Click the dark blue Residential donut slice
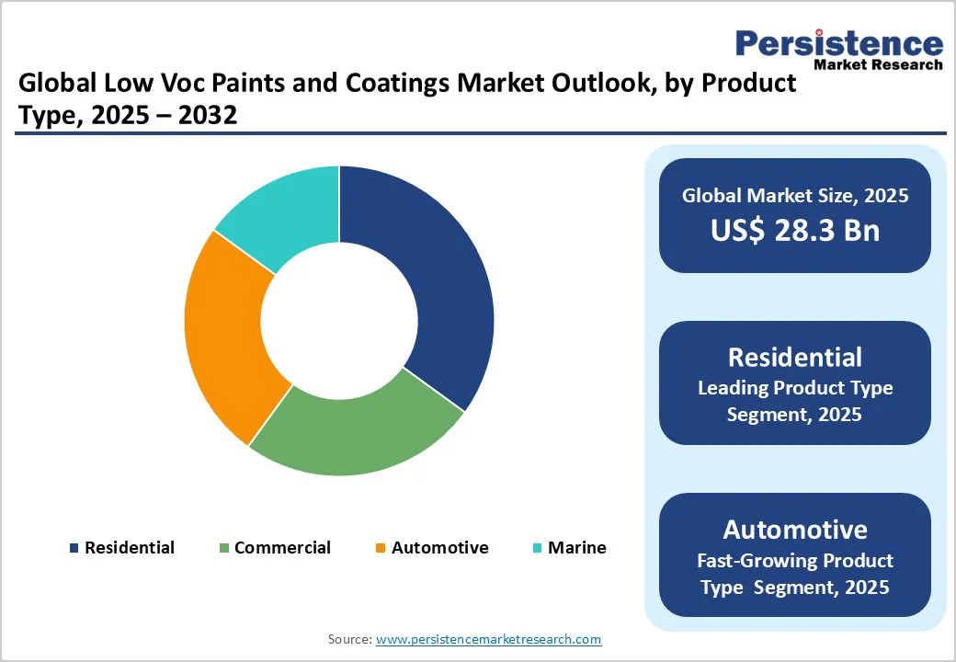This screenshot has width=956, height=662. [x=432, y=276]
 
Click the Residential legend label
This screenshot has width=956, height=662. [x=129, y=548]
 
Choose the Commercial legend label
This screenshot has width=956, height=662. [x=282, y=548]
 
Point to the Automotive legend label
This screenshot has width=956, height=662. [x=439, y=548]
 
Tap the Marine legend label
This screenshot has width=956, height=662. [x=577, y=548]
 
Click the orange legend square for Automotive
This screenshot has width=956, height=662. [x=379, y=549]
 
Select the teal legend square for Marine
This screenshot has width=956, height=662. [x=536, y=549]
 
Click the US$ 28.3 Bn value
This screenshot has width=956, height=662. [x=795, y=230]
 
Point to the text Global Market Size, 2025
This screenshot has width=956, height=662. [x=795, y=195]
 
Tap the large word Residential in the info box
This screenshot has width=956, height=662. [x=795, y=357]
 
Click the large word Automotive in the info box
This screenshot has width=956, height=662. [x=795, y=530]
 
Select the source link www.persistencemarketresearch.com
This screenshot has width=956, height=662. [x=489, y=639]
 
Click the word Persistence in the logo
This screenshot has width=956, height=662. [x=839, y=43]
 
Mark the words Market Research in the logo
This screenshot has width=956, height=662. [x=878, y=64]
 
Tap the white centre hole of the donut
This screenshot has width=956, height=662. [x=339, y=320]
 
